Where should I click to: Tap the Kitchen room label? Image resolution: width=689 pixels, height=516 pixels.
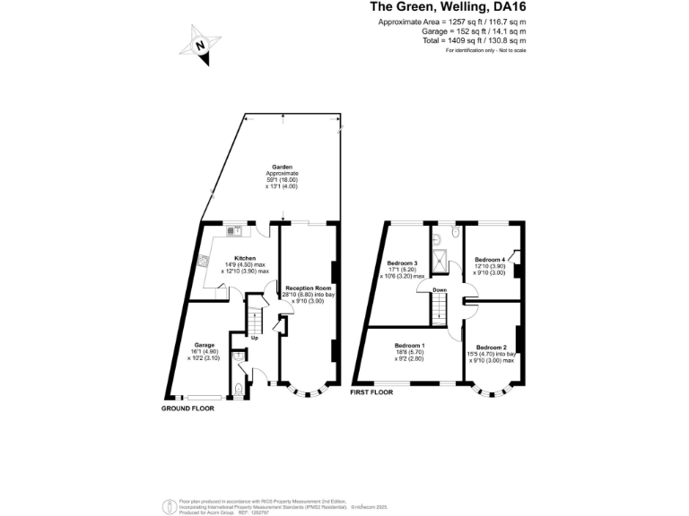pyautogui.click(x=232, y=258)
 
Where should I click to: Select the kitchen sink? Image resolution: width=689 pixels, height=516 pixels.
pyautogui.click(x=234, y=230)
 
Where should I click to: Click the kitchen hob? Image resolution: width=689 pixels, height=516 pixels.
pyautogui.click(x=205, y=262)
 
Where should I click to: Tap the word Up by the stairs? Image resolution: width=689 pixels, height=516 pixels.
pyautogui.click(x=255, y=338)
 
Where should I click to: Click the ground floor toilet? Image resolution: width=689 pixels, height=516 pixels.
pyautogui.click(x=238, y=388)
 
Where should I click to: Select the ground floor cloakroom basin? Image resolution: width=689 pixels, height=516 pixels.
pyautogui.click(x=236, y=357)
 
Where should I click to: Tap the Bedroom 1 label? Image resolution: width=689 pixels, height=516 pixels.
pyautogui.click(x=410, y=346)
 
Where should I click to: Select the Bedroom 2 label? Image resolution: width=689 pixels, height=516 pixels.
pyautogui.click(x=492, y=347)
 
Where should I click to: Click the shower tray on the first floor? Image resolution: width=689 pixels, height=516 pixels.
pyautogui.click(x=441, y=261)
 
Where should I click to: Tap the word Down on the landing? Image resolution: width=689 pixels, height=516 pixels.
pyautogui.click(x=440, y=290)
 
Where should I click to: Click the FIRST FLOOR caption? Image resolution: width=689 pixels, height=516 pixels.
pyautogui.click(x=371, y=392)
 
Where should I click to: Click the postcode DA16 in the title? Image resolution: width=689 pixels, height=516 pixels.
pyautogui.click(x=504, y=8)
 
